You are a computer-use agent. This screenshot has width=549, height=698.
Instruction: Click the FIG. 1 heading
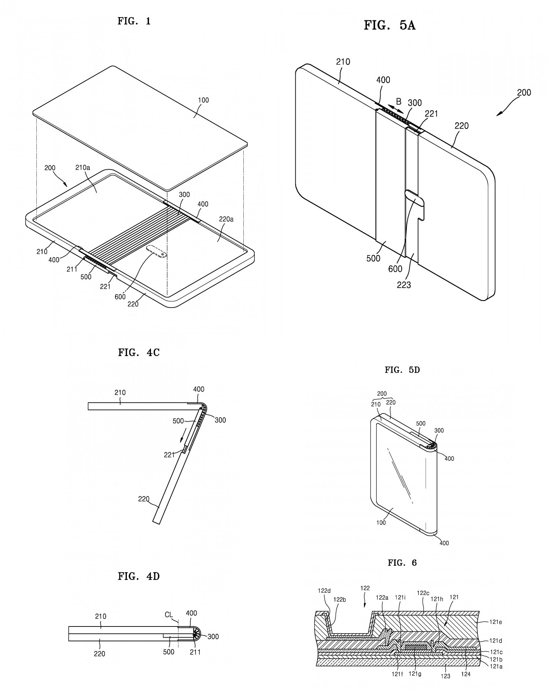[x=134, y=21]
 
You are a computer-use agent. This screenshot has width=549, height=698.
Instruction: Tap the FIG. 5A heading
[x=389, y=26]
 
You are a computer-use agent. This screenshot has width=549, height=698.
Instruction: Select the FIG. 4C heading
[x=139, y=352]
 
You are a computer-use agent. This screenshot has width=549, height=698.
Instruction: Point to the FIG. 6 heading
[x=402, y=563]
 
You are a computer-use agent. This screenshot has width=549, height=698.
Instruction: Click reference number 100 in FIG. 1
[x=203, y=100]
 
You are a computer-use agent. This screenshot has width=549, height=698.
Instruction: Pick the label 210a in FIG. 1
[x=83, y=167]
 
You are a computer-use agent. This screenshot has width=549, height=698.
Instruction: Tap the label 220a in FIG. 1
[x=226, y=219]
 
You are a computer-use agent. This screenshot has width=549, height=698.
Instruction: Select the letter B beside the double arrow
[x=398, y=101]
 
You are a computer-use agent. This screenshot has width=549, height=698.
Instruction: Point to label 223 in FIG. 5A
[x=404, y=285]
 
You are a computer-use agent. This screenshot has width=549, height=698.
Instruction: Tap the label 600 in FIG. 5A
[x=395, y=269]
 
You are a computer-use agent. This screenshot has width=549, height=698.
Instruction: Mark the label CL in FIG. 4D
[x=169, y=615]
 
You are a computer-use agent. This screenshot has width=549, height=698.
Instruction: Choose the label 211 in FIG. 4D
[x=195, y=652]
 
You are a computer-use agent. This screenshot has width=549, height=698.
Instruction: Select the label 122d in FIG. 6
[x=324, y=591]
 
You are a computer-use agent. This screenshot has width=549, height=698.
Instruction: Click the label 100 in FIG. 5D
[x=381, y=522]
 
